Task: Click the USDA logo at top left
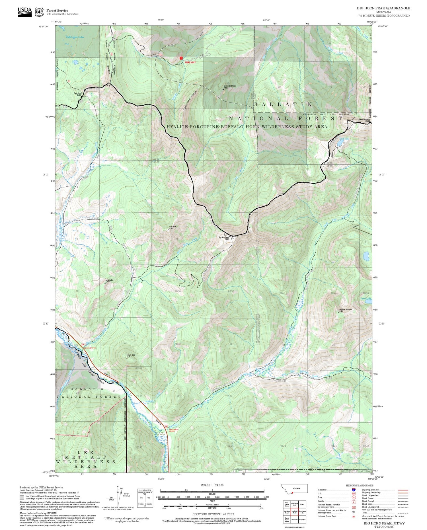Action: pyautogui.click(x=24, y=12)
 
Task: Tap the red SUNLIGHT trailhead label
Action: pyautogui.click(x=190, y=62)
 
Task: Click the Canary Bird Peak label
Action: pyautogui.click(x=229, y=86)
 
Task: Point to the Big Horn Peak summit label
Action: pyautogui.click(x=224, y=238)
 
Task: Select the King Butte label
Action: pyautogui.click(x=173, y=227)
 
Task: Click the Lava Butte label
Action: pyautogui.click(x=109, y=280)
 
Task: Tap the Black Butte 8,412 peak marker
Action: pyautogui.click(x=127, y=358)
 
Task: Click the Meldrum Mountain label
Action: pyautogui.click(x=346, y=310)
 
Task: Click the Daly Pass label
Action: pyautogui.click(x=77, y=94)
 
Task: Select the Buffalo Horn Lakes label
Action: pyautogui.click(x=75, y=37)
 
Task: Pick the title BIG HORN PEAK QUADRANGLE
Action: pyautogui.click(x=383, y=8)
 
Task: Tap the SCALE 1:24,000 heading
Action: pyautogui.click(x=212, y=485)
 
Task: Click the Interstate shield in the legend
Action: pyautogui.click(x=353, y=490)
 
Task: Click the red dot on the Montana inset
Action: pyautogui.click(x=292, y=493)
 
